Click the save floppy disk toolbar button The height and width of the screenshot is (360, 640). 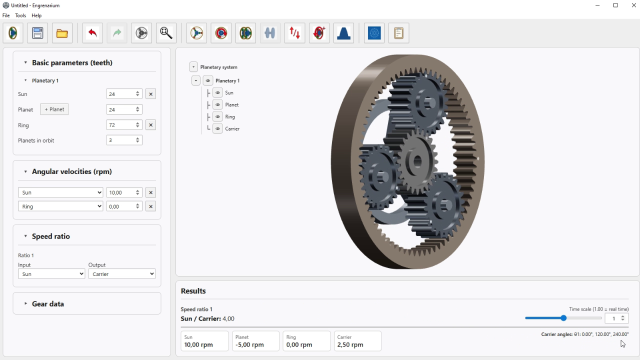(x=37, y=33)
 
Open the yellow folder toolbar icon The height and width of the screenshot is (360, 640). (x=62, y=33)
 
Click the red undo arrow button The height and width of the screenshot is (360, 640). (x=92, y=33)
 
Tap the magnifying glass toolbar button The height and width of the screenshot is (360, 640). (x=166, y=33)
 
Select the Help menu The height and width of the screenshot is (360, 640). (x=36, y=15)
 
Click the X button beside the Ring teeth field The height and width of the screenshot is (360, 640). (x=150, y=125)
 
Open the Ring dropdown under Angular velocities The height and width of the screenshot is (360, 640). (x=60, y=206)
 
